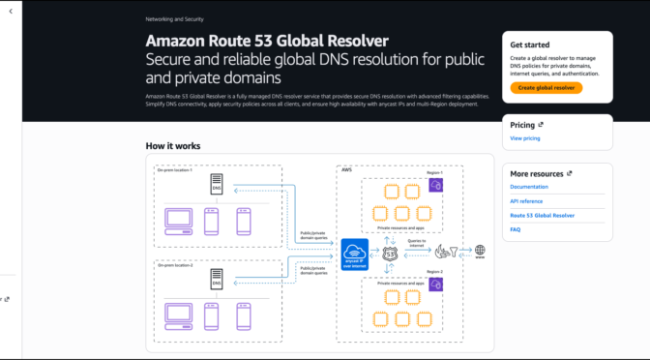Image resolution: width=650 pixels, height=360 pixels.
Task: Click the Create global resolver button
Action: [547, 87]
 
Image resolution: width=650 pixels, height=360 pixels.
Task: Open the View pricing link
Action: [525, 138]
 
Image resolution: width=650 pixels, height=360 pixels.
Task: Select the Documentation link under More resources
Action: [529, 186]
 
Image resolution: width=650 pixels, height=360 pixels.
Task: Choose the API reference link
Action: [526, 200]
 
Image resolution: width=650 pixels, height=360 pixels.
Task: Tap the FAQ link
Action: [516, 229]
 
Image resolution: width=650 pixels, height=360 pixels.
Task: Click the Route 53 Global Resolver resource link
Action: [543, 215]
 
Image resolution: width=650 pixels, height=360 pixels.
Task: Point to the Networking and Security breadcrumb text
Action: [174, 18]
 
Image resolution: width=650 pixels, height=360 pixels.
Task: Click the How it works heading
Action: [174, 146]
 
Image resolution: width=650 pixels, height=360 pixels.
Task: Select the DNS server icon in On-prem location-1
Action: [217, 187]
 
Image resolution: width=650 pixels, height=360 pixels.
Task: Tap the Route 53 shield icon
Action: [390, 253]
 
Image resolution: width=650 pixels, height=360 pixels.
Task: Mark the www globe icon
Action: [479, 251]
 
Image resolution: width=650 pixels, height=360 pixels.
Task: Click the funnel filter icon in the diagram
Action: [444, 252]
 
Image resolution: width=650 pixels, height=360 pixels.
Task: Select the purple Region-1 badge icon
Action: [435, 185]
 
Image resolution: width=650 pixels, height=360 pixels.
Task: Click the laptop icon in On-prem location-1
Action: [177, 220]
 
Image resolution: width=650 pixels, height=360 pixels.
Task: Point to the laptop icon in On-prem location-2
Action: [177, 311]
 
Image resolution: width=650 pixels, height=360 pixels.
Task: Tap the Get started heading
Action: [530, 45]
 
